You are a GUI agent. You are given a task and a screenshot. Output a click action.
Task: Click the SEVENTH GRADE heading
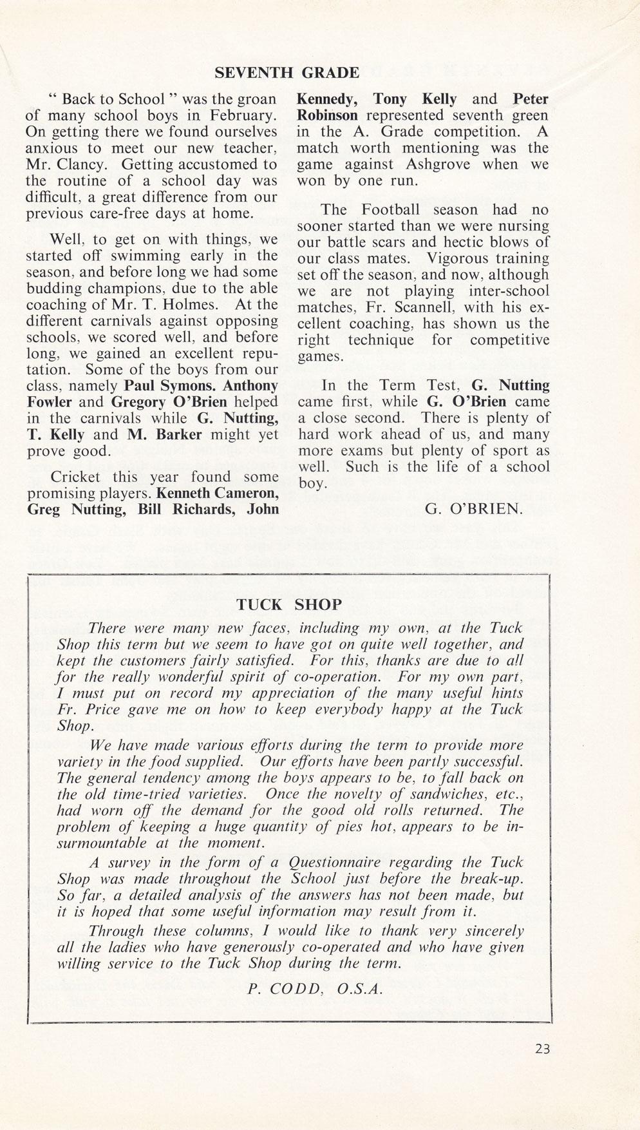(x=287, y=72)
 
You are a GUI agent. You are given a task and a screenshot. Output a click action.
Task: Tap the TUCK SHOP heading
(x=289, y=604)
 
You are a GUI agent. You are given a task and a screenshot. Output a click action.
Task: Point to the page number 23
(x=542, y=1049)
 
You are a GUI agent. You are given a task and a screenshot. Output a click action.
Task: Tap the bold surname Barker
(x=176, y=435)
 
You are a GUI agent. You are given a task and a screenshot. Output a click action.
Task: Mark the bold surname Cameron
(x=248, y=493)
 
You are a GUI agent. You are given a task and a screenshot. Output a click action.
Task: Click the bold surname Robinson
(x=327, y=116)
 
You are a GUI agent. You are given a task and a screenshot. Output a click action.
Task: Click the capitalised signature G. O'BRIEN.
(x=473, y=509)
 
